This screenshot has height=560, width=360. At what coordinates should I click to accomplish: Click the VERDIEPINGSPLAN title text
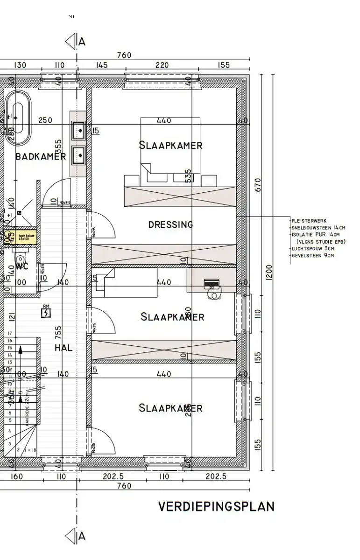[x=216, y=507]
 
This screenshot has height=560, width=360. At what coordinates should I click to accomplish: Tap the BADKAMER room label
[x=41, y=156]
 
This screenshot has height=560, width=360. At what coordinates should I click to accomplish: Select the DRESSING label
[x=170, y=224]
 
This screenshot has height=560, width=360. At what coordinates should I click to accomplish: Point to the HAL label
[x=63, y=348]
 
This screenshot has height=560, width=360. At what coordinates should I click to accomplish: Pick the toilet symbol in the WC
[x=20, y=259]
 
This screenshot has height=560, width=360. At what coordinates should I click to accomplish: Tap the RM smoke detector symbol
[x=46, y=312]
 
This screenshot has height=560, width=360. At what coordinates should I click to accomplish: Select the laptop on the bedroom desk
[x=212, y=283]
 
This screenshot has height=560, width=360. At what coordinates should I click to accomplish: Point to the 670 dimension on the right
[x=258, y=185]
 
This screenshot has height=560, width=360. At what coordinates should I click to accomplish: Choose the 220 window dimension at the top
[x=162, y=65]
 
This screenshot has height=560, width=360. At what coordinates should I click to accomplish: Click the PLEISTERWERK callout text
[x=309, y=220]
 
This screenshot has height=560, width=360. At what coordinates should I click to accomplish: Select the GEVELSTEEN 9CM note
[x=313, y=255]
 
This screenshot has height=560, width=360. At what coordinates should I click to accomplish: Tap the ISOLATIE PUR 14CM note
[x=316, y=234]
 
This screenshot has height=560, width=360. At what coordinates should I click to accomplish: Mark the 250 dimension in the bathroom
[x=45, y=120]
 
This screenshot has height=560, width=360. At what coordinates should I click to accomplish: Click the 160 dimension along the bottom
[x=16, y=476]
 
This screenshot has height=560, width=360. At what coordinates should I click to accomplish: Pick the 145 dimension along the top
[x=101, y=65]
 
